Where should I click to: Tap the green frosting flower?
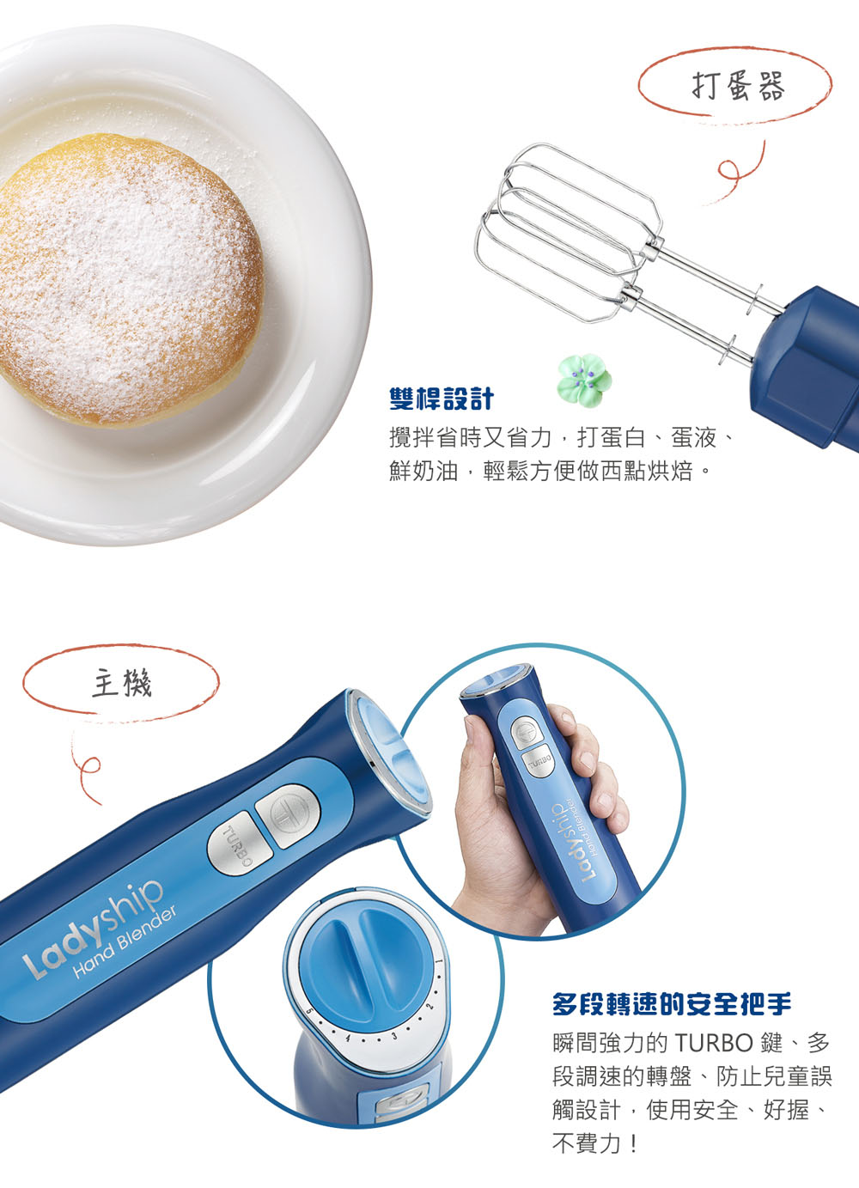[584, 380]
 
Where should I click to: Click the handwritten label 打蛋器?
[738, 88]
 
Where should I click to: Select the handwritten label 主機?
[121, 683]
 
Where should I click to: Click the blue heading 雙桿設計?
[442, 399]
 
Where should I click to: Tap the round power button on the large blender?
[289, 815]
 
